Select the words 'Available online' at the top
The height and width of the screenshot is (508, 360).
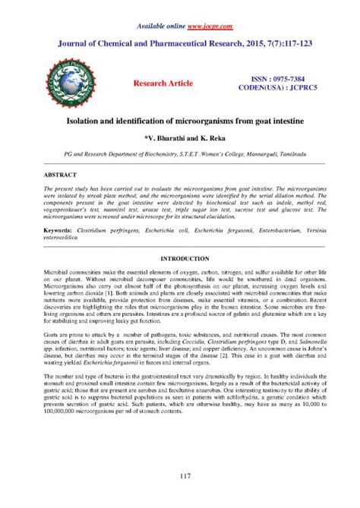[x=159, y=26]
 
